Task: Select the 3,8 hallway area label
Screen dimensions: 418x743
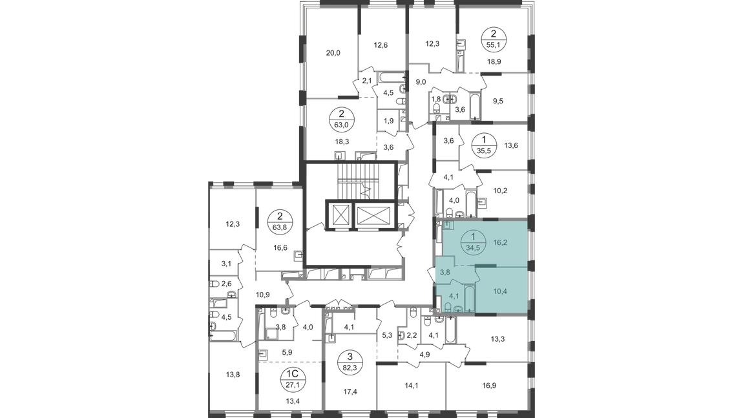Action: (445, 273)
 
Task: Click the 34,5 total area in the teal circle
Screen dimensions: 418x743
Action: (474, 246)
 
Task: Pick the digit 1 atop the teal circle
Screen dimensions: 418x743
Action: (474, 237)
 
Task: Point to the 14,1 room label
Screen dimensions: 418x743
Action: (412, 386)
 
